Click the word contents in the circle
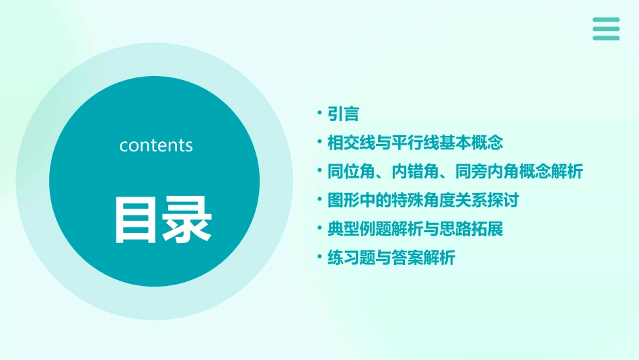156,145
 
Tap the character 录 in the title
185,220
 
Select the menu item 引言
343,114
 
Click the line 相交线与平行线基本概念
415,143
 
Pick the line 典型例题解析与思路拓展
415,229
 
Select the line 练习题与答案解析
391,258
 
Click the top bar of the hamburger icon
606,20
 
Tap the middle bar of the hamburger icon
606,28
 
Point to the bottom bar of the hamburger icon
606,38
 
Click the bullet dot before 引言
320,113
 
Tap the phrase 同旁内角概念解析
519,172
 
